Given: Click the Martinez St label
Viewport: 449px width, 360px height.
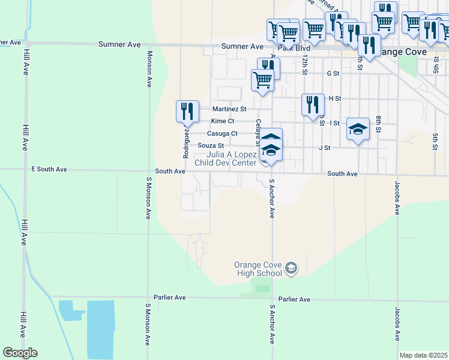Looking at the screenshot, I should [230, 109].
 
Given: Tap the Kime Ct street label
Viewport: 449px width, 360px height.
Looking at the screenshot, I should [222, 121].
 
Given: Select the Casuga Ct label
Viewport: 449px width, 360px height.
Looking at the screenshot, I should [222, 133].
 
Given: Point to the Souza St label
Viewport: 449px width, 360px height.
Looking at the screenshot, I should [211, 145].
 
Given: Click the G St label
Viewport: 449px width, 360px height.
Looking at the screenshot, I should [333, 73].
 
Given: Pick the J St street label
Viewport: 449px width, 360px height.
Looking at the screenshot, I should [325, 147].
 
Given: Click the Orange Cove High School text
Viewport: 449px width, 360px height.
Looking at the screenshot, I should [258, 269].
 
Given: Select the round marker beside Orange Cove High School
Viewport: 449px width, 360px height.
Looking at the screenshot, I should [291, 268].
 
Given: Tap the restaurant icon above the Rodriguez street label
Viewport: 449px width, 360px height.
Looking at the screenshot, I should [187, 111].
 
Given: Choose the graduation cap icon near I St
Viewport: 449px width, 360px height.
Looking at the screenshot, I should [358, 130].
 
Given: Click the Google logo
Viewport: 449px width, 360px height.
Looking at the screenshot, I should [20, 353].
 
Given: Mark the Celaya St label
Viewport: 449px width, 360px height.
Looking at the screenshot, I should [258, 131].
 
